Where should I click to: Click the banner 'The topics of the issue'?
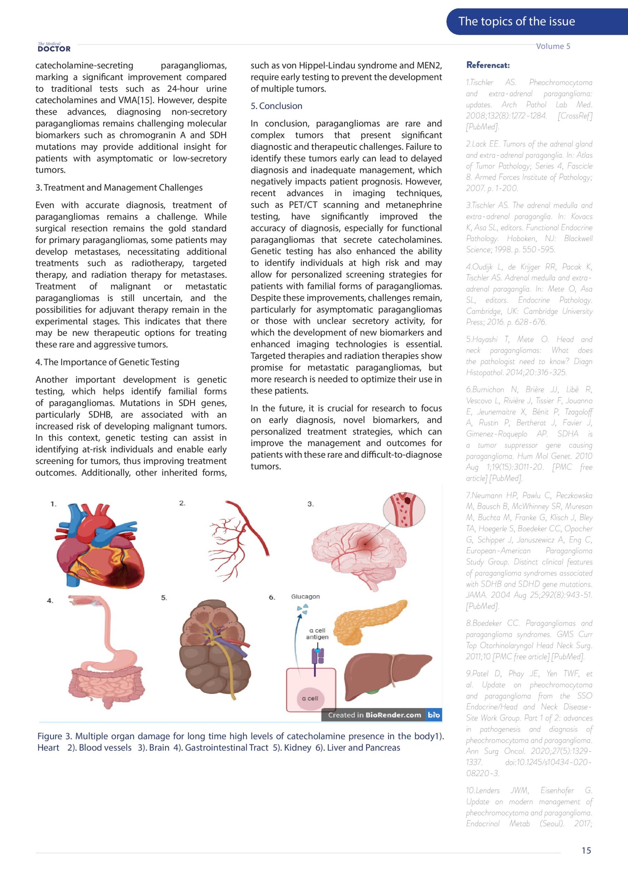tap(516, 21)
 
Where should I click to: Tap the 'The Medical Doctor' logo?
tap(54, 47)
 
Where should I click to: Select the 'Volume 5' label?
tap(553, 46)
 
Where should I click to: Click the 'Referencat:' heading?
tap(487, 65)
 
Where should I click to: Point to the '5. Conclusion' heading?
tap(276, 106)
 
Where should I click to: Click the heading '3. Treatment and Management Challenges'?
tap(119, 188)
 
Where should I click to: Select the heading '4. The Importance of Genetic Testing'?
tap(107, 362)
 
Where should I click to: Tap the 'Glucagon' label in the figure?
tap(305, 597)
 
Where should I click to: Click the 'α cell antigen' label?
tap(317, 633)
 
